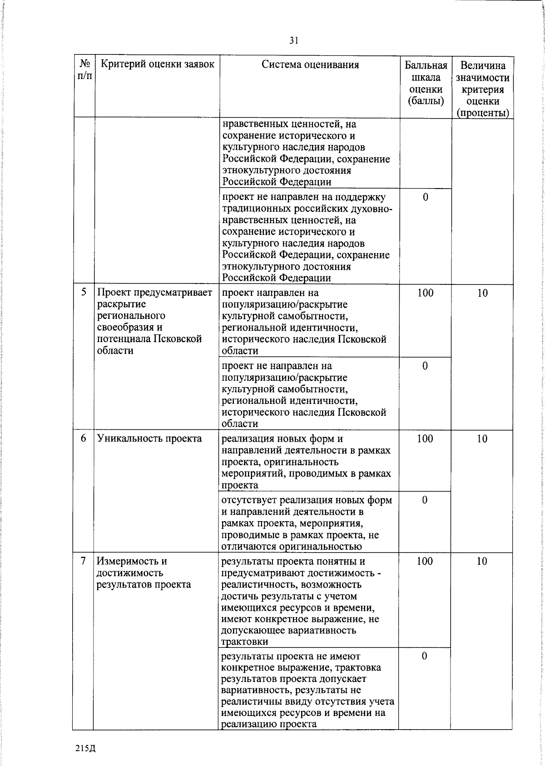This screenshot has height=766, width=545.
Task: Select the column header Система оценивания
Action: [x=310, y=65]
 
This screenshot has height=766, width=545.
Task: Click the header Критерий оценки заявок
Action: [x=157, y=64]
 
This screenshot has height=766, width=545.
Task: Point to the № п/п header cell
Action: [x=84, y=70]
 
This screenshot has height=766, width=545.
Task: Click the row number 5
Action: [x=84, y=292]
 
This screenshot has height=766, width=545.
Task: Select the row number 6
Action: [x=84, y=438]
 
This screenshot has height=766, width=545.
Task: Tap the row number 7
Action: [x=84, y=561]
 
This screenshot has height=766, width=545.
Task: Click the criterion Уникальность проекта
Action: [x=149, y=438]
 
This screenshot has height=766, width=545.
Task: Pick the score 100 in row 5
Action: [x=425, y=293]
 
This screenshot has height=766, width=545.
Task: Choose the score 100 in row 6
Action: [x=425, y=438]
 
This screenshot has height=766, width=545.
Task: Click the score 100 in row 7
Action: [x=425, y=561]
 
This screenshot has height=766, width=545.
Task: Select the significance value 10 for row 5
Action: [x=482, y=293]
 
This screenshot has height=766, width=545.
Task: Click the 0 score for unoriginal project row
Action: [x=425, y=500]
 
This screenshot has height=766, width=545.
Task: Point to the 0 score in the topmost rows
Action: [x=425, y=197]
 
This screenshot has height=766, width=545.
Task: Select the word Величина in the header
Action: [x=482, y=65]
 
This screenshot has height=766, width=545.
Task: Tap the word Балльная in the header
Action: [x=426, y=65]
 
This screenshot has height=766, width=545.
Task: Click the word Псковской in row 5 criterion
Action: [x=178, y=339]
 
